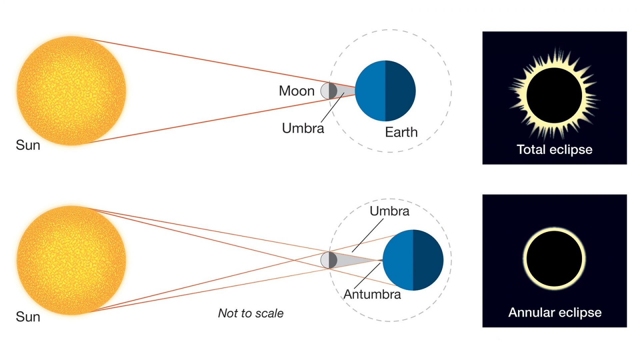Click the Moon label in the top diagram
pos(296,91)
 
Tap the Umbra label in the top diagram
pos(303,128)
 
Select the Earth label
pos(401,132)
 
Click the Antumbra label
pos(372,294)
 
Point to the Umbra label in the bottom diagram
pos(389,211)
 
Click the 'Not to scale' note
pos(251,313)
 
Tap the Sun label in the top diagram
pos(28,145)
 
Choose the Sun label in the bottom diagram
pos(28,317)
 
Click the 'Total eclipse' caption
pos(554,150)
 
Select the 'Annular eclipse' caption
pos(555,313)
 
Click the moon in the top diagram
pos(329,91)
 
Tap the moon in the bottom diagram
pos(329,260)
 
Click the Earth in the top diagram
pos(385,91)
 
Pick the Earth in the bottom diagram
pos(413,260)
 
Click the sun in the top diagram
pos(71,91)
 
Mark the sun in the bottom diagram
pos(71,260)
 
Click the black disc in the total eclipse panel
pos(554,95)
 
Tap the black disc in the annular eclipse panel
pos(554,259)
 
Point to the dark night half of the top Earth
pos(400,91)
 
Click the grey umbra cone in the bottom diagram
pos(353,260)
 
